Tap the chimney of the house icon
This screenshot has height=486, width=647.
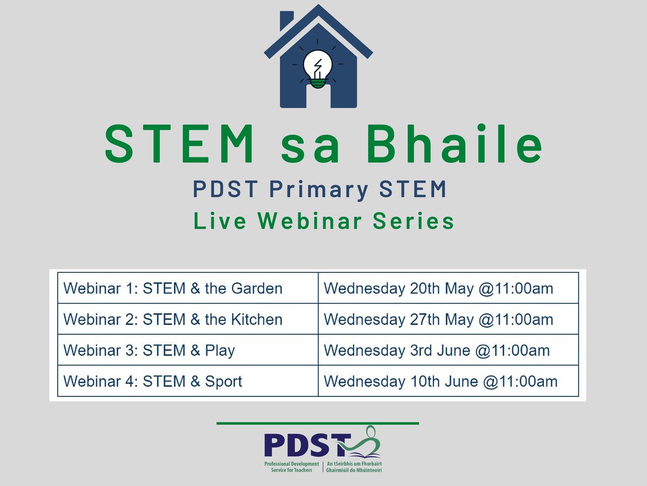(286, 22)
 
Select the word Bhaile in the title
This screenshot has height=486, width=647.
(458, 145)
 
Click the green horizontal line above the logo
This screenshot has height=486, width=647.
(318, 423)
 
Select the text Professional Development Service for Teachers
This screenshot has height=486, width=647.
(292, 467)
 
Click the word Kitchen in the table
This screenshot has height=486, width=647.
(257, 319)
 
